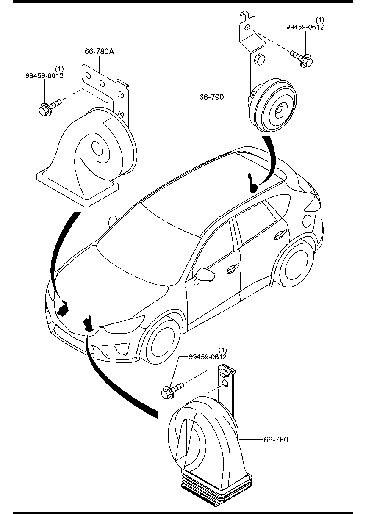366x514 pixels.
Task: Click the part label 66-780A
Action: click(x=99, y=52)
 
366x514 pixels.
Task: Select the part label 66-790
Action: click(x=211, y=97)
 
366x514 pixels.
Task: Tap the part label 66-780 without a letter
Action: click(x=276, y=440)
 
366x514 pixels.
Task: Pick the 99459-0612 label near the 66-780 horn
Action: click(x=208, y=357)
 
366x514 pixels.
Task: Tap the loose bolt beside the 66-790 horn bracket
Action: click(x=302, y=58)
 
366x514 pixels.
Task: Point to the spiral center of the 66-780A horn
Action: click(x=97, y=147)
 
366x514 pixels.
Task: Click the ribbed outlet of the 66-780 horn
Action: click(x=216, y=484)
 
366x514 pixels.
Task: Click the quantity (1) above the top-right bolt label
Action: click(x=320, y=20)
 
